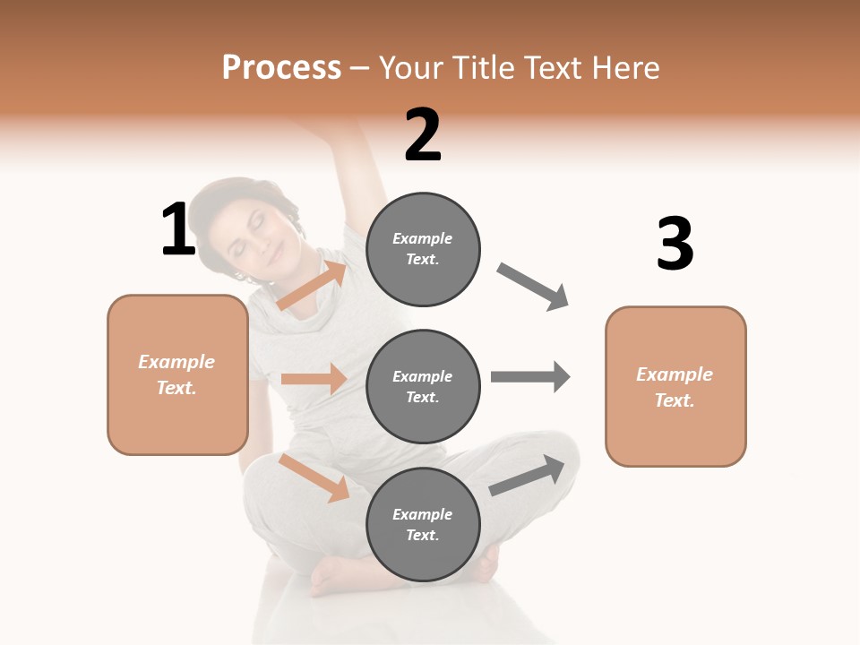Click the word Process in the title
click(281, 68)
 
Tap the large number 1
click(178, 229)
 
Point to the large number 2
click(423, 135)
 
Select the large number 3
click(675, 245)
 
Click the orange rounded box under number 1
click(177, 374)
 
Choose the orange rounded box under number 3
click(675, 386)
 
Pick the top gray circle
click(423, 249)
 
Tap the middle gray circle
click(423, 386)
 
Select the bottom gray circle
click(423, 524)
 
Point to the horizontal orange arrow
click(314, 379)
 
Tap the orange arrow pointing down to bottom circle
click(314, 477)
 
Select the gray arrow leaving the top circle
click(533, 287)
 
